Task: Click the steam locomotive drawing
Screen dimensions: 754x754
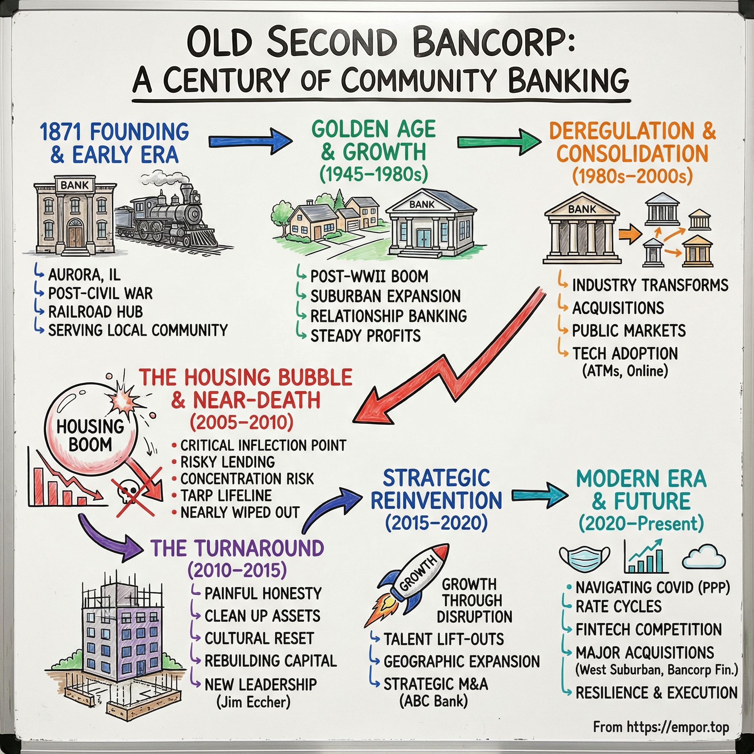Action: pos(172,219)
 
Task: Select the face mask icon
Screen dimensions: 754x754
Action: pos(584,558)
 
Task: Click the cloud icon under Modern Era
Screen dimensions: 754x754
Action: pos(704,558)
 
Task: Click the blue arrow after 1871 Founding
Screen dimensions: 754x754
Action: pos(250,141)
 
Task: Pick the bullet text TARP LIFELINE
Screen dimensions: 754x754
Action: pos(226,496)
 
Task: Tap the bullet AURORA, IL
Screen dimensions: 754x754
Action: pos(84,275)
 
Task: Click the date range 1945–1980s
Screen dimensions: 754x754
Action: pos(373,175)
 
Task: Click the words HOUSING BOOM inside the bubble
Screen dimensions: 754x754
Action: pos(90,436)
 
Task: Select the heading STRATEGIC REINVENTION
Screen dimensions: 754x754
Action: pos(436,489)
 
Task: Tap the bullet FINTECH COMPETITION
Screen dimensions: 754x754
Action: pos(649,630)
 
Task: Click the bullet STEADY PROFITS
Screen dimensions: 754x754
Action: pos(365,336)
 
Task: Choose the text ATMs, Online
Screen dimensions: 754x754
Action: pos(625,371)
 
